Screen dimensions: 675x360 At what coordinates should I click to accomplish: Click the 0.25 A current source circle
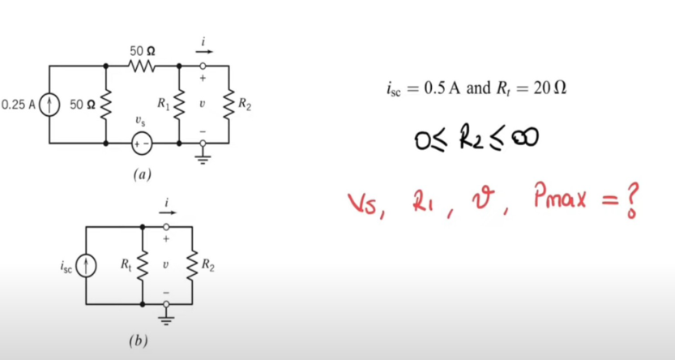(49, 105)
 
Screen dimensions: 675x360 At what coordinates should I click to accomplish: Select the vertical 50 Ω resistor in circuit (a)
(107, 105)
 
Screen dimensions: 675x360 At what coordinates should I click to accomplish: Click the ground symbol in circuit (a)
(203, 159)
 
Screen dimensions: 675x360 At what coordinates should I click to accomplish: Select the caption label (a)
(140, 174)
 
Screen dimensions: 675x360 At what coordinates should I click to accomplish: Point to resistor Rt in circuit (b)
(143, 264)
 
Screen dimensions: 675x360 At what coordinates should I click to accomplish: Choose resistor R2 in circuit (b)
(192, 264)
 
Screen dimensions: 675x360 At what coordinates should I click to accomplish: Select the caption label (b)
(136, 342)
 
